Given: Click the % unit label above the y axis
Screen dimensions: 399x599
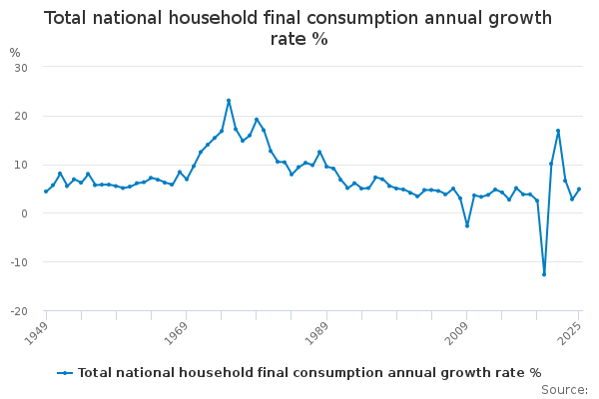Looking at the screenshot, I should point(14,53).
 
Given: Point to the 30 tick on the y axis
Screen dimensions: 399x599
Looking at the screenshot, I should point(19,67).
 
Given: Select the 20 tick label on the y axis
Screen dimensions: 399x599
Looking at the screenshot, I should point(19,116).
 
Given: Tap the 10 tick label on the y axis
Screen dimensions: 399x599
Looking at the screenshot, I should point(19,165).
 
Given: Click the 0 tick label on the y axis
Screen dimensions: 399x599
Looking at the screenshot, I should point(22,213).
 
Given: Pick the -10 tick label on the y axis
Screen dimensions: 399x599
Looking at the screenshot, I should point(17,262).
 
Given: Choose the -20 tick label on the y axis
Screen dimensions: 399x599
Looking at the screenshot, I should point(17,311).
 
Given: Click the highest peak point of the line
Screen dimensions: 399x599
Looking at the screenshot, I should point(229,101).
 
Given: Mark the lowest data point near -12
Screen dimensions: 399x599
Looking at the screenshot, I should point(544,274).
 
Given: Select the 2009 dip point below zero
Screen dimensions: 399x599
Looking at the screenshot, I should point(467,225).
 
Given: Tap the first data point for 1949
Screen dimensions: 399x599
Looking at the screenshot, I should point(46,192).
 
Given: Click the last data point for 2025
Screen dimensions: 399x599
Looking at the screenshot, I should point(579,190).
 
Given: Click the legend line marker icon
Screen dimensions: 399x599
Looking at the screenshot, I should point(65,373).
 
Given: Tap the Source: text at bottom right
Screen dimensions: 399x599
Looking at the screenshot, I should point(565,390).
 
